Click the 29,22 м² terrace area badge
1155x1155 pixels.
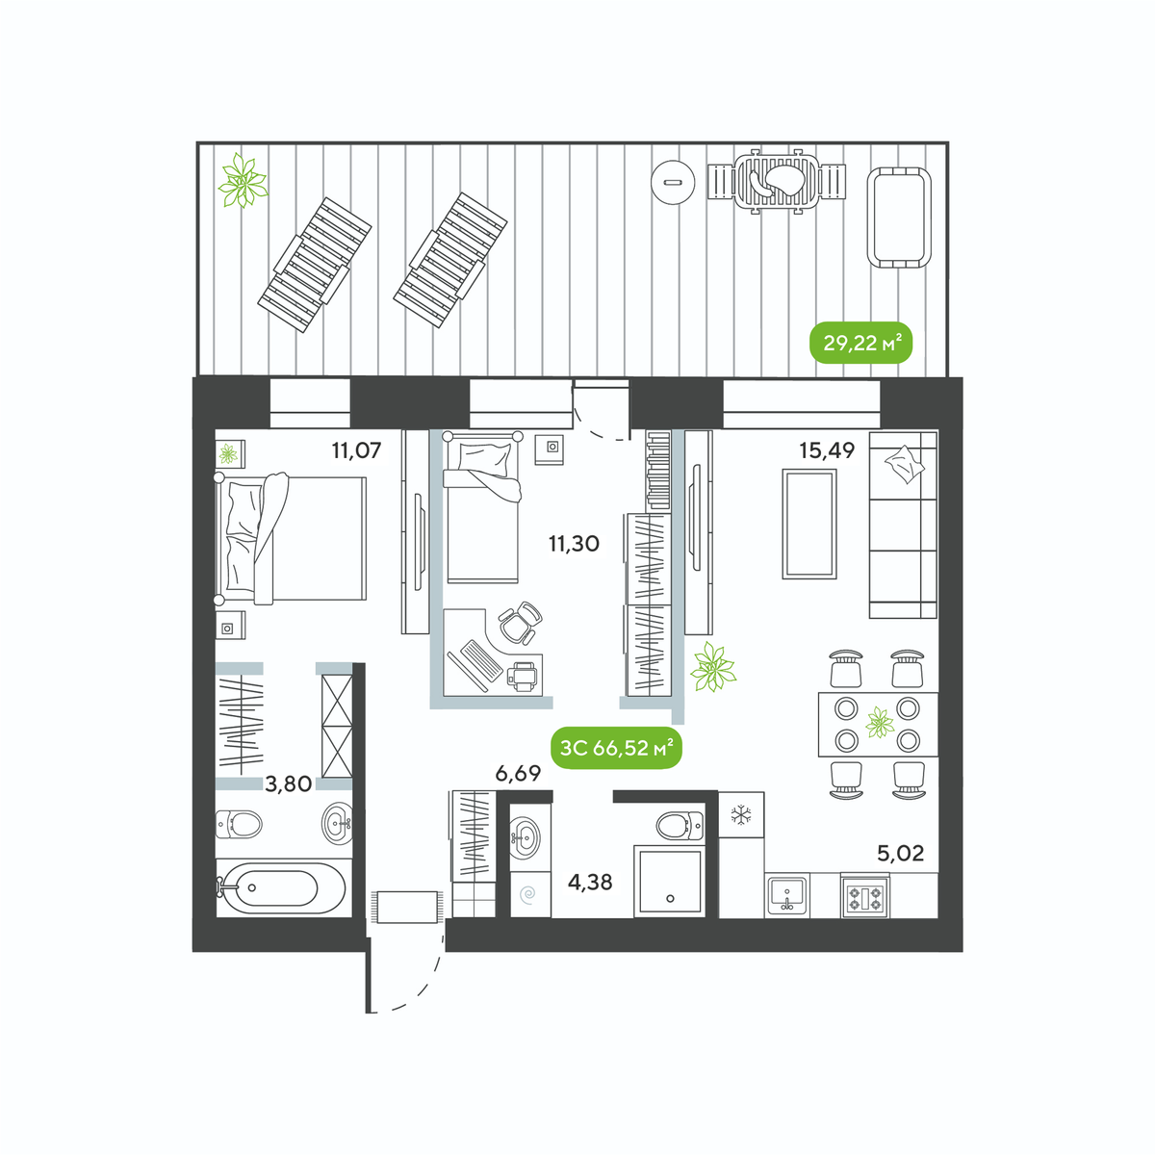pos(860,343)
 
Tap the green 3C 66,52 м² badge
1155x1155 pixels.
pos(616,748)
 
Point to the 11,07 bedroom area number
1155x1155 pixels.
pos(357,450)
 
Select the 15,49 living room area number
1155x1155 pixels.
pos(827,450)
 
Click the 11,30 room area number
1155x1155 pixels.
pos(574,544)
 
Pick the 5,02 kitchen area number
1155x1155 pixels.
pos(900,853)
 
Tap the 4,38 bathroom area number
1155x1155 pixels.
pos(590,882)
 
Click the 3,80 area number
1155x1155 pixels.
pos(289,784)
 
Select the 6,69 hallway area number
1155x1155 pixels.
pos(518,773)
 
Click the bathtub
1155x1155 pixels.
pos(280,888)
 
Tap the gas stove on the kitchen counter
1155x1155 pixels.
pos(865,895)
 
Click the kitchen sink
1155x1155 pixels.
pos(787,895)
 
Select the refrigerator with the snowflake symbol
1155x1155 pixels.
pos(741,815)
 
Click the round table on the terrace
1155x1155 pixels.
pos(675,182)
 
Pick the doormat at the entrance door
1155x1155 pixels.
pos(407,907)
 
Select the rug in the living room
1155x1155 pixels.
pos(809,524)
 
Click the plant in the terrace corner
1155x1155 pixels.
pos(243,180)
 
